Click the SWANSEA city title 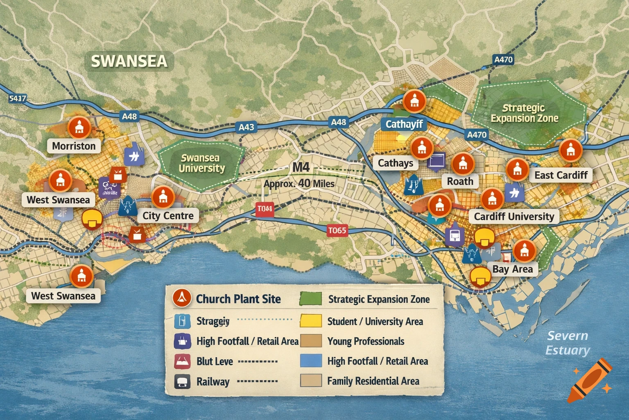click(129, 61)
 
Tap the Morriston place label click(74, 146)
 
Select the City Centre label click(168, 216)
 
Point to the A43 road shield click(247, 127)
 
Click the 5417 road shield click(17, 98)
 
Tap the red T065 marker click(337, 231)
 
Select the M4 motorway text click(301, 168)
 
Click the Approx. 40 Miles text click(299, 184)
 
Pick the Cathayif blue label click(404, 124)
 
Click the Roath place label click(460, 181)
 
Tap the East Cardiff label click(561, 175)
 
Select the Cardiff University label click(514, 217)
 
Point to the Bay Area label click(512, 269)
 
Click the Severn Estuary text click(568, 343)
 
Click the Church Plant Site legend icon click(182, 298)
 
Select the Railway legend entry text click(213, 381)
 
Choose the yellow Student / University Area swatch click(310, 321)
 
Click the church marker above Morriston click(79, 127)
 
